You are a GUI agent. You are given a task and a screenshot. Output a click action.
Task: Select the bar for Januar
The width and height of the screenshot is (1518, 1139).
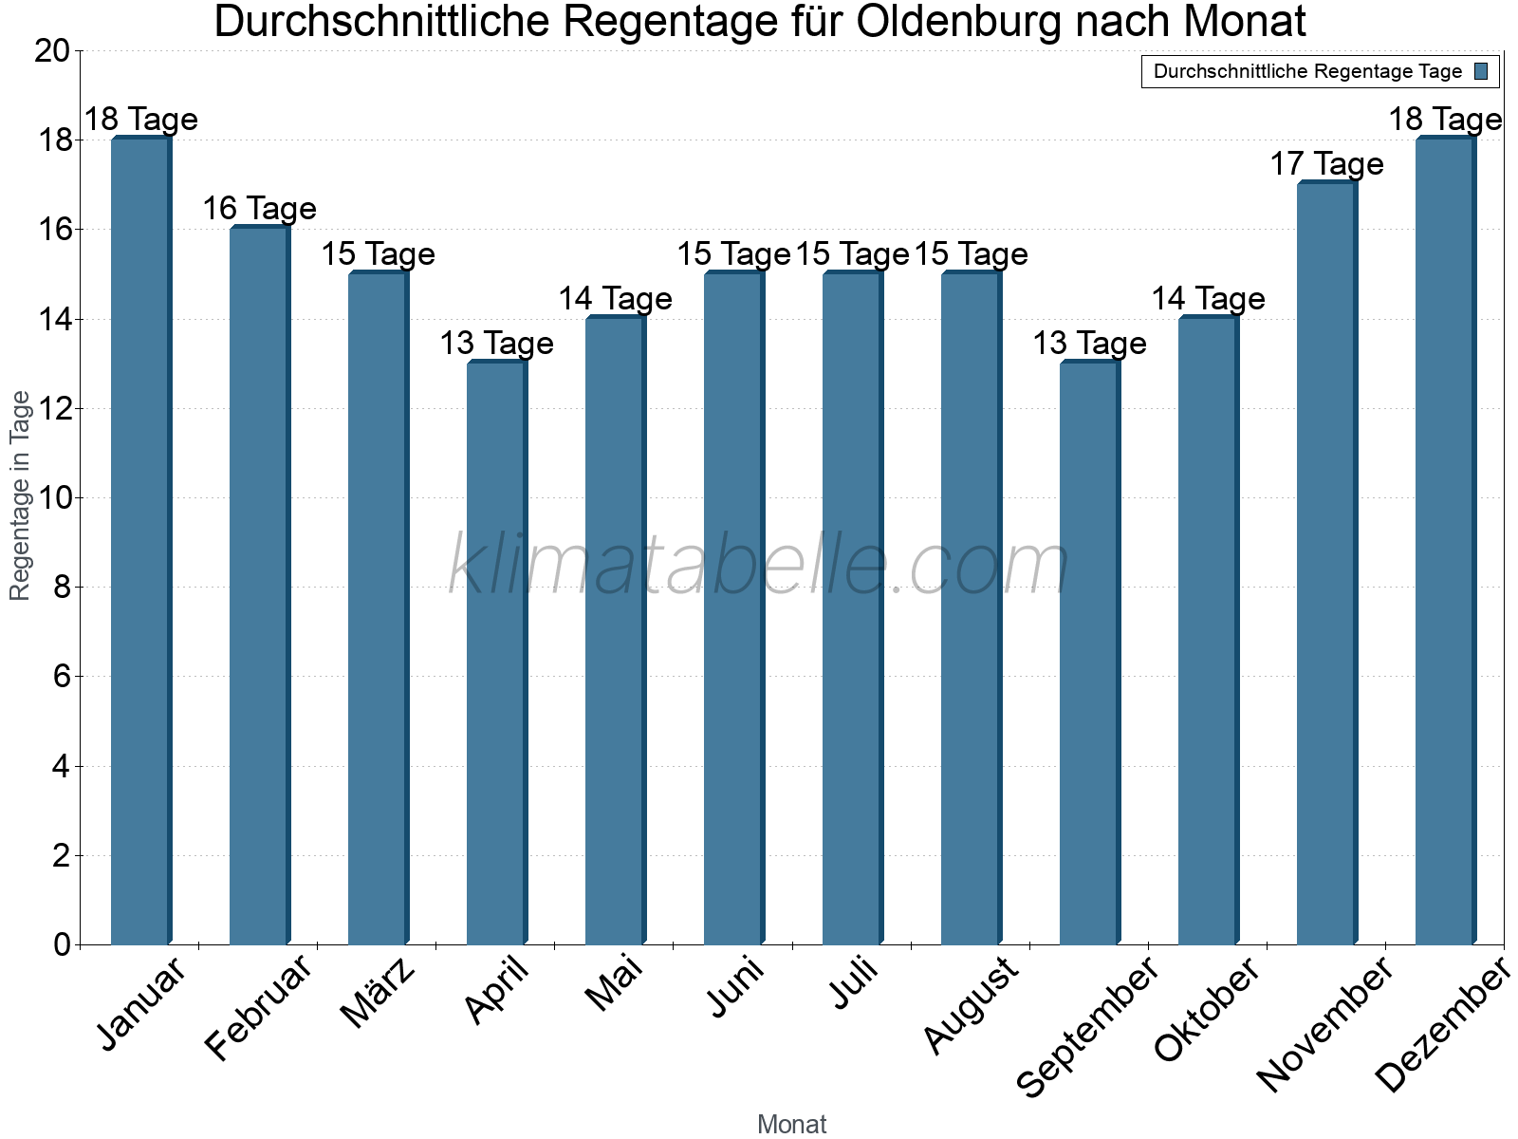pyautogui.click(x=141, y=541)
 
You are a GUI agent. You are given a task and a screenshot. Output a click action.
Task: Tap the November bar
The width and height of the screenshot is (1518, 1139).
pyautogui.click(x=1327, y=564)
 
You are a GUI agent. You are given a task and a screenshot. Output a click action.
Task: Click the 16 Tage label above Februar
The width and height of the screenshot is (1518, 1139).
pyautogui.click(x=259, y=209)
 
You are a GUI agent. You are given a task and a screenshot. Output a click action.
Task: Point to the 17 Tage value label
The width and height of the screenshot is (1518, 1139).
pyautogui.click(x=1326, y=164)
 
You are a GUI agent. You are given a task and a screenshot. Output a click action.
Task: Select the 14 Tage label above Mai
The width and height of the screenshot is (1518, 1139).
pyautogui.click(x=615, y=299)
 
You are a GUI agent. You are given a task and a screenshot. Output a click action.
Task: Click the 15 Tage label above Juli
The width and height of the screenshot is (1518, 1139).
pyautogui.click(x=852, y=254)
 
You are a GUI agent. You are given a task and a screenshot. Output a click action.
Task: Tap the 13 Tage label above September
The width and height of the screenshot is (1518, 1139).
pyautogui.click(x=1089, y=344)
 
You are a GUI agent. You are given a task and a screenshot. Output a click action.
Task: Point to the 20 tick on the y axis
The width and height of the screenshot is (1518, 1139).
pyautogui.click(x=52, y=51)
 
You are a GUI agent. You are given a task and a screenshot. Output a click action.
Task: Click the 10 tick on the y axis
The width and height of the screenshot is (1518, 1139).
pyautogui.click(x=52, y=498)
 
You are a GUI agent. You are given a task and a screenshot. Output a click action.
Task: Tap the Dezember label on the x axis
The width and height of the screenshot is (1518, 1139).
pyautogui.click(x=1442, y=1025)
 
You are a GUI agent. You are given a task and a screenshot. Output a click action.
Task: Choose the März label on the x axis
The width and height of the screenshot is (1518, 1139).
pyautogui.click(x=379, y=993)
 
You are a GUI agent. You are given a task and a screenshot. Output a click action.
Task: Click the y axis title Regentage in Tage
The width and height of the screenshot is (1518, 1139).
pyautogui.click(x=21, y=495)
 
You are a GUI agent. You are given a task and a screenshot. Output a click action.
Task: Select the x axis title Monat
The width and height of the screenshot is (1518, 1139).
pyautogui.click(x=791, y=1125)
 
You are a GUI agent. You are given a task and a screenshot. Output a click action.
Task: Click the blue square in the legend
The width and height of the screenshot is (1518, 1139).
pyautogui.click(x=1481, y=71)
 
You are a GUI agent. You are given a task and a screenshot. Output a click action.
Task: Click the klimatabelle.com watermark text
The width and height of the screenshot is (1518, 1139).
pyautogui.click(x=758, y=566)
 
